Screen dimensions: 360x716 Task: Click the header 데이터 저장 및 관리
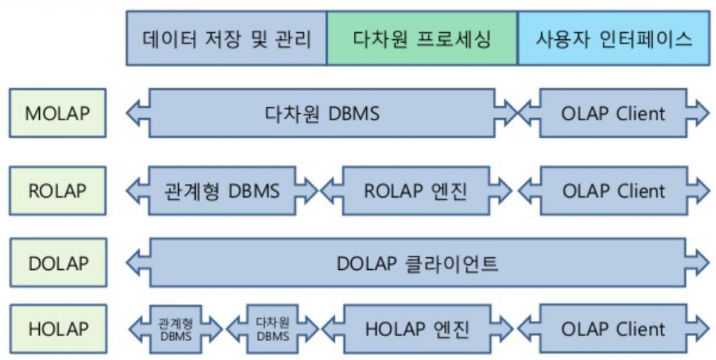[227, 38]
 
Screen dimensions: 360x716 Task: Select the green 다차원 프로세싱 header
[422, 38]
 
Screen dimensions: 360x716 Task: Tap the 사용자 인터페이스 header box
[613, 38]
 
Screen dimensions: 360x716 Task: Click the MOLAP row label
[57, 113]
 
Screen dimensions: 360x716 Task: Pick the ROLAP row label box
[57, 190]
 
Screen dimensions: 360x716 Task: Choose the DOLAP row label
[57, 263]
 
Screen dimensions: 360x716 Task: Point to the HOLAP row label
[57, 329]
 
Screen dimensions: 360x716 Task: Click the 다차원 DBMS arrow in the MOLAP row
[322, 113]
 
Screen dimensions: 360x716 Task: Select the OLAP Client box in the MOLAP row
[613, 113]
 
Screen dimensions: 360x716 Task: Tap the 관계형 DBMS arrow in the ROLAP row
[222, 190]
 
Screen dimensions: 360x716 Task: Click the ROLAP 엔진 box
[418, 190]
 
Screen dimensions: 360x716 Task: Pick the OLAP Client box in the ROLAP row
[613, 190]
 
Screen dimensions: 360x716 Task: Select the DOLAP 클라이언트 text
[417, 263]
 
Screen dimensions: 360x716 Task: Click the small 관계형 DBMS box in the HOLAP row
[176, 329]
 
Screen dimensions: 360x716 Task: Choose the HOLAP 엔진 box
[418, 329]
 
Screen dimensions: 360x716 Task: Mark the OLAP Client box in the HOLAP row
[613, 329]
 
